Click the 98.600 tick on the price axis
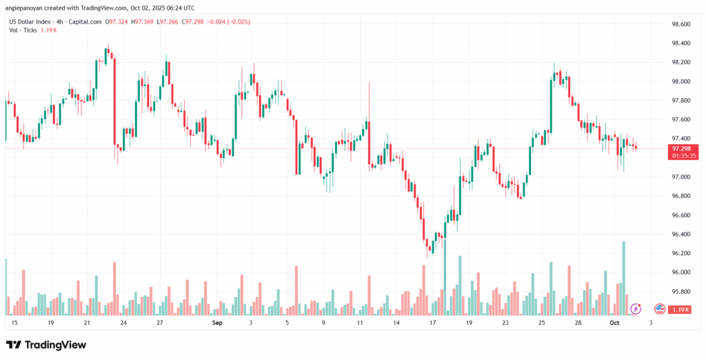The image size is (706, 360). tap(680, 24)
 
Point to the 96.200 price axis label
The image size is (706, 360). tap(680, 253)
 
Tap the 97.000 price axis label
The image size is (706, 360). tap(680, 177)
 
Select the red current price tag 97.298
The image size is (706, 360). tap(685, 148)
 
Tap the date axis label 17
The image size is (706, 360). tap(432, 322)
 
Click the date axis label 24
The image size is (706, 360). tap(123, 322)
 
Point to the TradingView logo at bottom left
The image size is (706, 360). tap(46, 344)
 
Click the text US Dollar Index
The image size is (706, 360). tap(31, 21)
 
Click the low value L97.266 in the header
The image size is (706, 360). tap(170, 21)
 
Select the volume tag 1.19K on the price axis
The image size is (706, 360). tap(682, 310)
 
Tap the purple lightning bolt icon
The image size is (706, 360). tap(636, 308)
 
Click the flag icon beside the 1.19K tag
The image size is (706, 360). tap(659, 308)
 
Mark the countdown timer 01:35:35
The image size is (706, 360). tap(685, 156)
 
